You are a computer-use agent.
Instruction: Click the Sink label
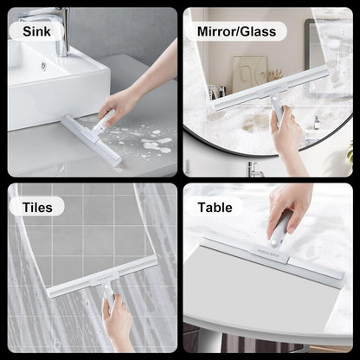point(36,31)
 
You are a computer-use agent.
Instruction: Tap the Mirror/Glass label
point(236,31)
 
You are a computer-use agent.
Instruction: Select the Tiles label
point(37,208)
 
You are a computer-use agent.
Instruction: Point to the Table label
point(215,208)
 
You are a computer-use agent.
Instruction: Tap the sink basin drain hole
point(43,65)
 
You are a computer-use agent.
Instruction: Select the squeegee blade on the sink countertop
point(91,140)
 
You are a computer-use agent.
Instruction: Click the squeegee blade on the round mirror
point(272,88)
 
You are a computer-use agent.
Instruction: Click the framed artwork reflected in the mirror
point(250,74)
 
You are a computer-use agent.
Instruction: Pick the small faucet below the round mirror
point(254,169)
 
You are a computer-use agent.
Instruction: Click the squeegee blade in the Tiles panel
point(102,277)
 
